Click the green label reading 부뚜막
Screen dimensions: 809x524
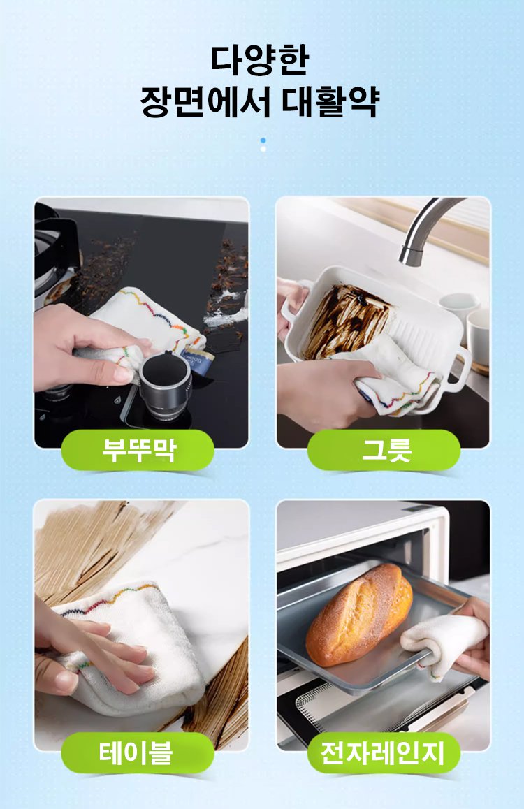[138, 450]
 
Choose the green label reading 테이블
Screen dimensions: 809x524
[137, 752]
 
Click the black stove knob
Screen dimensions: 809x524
[165, 380]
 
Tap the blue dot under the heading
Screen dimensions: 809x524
[263, 140]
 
